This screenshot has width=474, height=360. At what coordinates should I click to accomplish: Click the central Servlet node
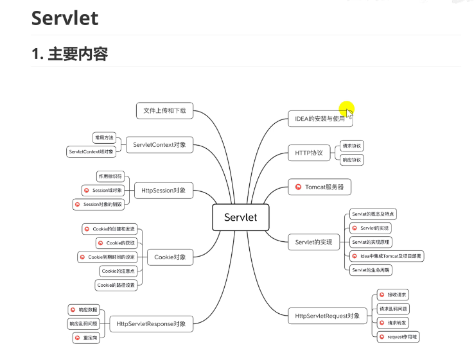(240, 217)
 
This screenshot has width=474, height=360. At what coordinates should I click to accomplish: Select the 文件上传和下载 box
(164, 110)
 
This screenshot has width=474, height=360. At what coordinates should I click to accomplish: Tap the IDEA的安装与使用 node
(320, 119)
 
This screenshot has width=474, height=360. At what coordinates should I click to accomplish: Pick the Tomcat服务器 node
(319, 187)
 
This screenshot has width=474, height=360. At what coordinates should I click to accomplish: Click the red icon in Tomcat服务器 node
(298, 187)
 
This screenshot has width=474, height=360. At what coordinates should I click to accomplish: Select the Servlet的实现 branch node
(313, 242)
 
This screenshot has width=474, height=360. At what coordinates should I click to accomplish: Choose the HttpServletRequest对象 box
(328, 316)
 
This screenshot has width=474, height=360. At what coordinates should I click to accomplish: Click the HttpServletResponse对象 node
(151, 324)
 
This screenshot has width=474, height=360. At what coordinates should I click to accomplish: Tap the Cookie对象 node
(170, 257)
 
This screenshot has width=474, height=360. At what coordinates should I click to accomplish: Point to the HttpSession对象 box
(164, 190)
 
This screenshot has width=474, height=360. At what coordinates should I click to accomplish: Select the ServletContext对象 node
(159, 144)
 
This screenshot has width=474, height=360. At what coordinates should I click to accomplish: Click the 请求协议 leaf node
(351, 146)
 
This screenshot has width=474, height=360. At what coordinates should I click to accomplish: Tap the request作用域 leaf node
(398, 336)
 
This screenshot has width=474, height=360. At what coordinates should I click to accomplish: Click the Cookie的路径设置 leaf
(116, 284)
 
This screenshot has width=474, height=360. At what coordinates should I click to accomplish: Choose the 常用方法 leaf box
(103, 137)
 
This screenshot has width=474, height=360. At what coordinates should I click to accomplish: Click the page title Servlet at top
(65, 17)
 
